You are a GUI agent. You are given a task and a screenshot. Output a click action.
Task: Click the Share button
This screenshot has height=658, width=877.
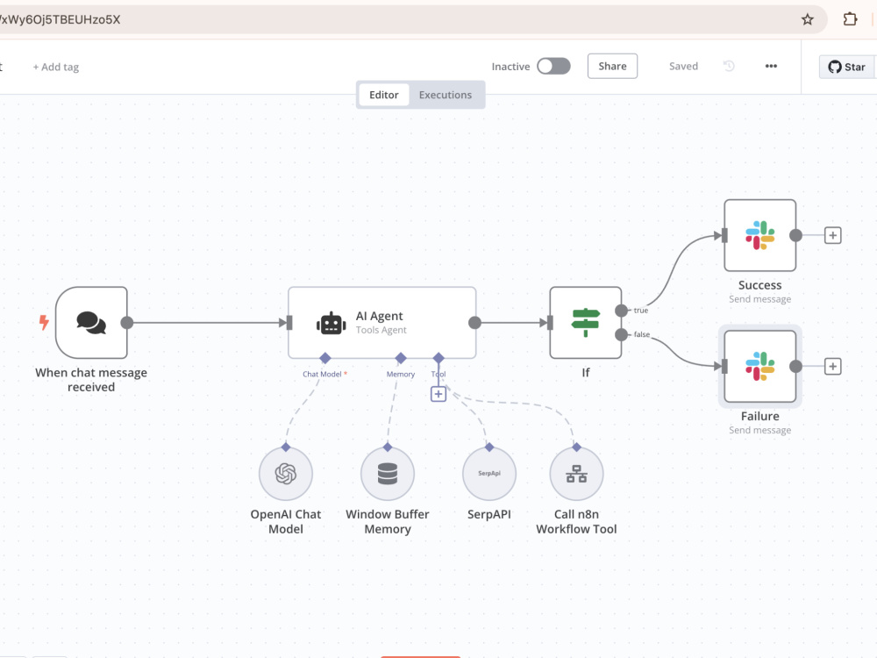(x=612, y=66)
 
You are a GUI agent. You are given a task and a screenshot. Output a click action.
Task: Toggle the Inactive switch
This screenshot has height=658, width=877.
(x=553, y=66)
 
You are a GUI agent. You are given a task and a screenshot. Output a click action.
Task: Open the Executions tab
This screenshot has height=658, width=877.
(x=446, y=95)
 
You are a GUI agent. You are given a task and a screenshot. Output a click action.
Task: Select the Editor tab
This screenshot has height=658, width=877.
(x=384, y=95)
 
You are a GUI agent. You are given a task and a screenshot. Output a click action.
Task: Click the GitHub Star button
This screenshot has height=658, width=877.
(x=847, y=67)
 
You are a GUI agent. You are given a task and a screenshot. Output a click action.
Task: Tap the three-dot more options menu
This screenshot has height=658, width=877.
(x=771, y=66)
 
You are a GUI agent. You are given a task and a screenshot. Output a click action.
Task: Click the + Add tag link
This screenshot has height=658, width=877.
(x=56, y=67)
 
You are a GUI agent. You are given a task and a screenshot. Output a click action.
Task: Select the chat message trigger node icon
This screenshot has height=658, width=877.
(x=91, y=323)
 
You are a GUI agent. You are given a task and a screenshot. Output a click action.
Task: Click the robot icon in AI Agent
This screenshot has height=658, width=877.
(x=332, y=324)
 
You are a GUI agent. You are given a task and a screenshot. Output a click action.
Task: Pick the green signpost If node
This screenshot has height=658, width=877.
(x=586, y=323)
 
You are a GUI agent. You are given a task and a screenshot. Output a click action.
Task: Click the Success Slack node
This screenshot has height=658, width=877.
(x=760, y=235)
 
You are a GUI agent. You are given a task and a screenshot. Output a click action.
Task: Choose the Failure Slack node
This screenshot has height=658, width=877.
(x=760, y=367)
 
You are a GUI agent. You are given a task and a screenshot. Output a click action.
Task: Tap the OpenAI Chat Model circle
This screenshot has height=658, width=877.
(x=286, y=474)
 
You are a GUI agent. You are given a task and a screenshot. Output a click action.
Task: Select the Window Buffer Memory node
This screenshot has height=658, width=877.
(x=388, y=474)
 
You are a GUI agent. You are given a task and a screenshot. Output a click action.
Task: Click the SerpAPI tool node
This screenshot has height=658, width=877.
(x=489, y=474)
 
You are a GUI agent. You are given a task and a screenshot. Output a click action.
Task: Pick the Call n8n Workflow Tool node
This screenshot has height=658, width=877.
(x=577, y=474)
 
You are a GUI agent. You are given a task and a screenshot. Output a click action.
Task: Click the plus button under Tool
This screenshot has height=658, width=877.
(x=438, y=394)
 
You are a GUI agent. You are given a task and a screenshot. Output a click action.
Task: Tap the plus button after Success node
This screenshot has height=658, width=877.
(x=833, y=235)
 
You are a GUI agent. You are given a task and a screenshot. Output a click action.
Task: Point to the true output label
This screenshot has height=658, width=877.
(x=641, y=311)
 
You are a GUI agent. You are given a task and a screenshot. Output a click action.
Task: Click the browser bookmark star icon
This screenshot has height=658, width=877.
(x=808, y=19)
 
